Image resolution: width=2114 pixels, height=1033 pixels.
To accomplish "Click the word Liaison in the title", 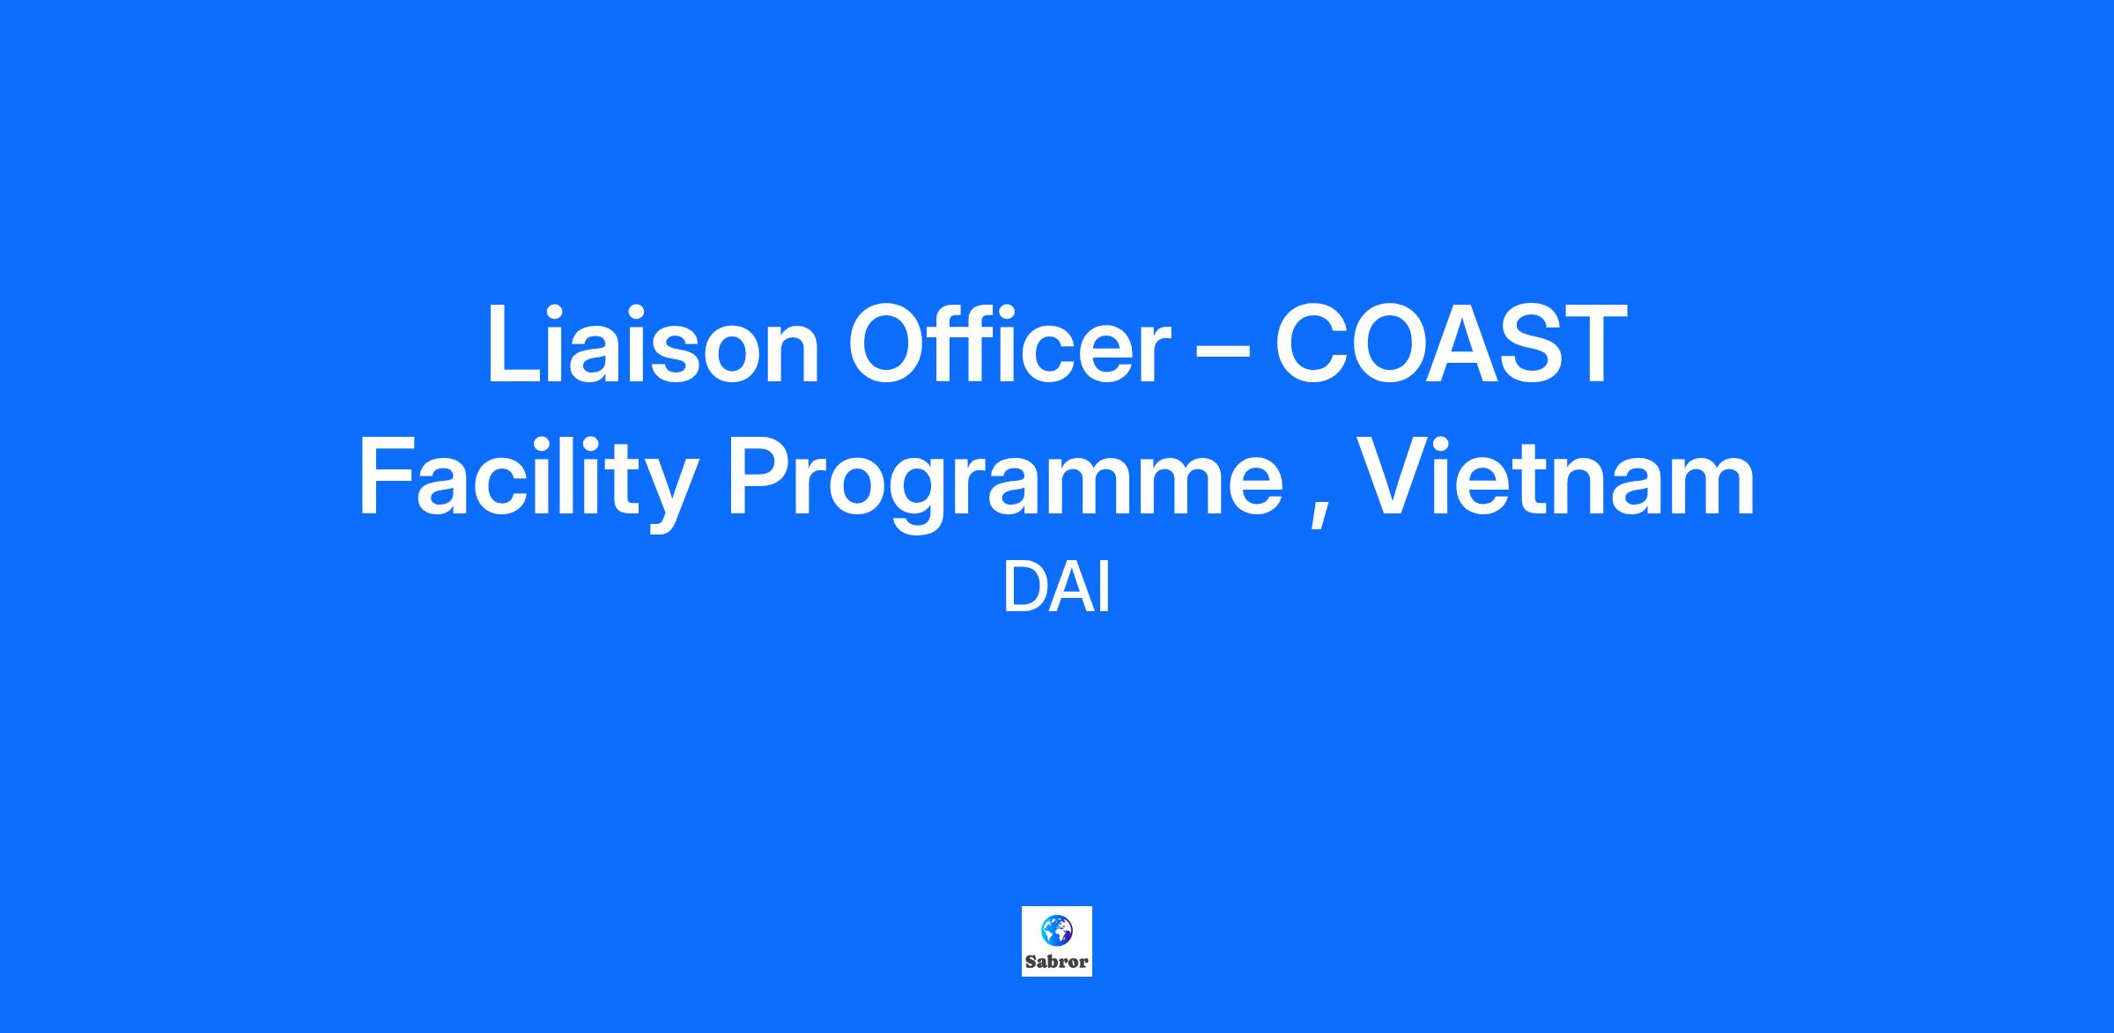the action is [653, 343].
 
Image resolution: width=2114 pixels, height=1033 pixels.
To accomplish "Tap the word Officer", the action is [1010, 343].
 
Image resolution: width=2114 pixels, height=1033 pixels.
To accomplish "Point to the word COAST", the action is [1450, 343].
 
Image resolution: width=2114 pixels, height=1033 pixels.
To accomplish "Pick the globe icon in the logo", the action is [1056, 928].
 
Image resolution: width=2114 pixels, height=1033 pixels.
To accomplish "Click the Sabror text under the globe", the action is [1056, 961].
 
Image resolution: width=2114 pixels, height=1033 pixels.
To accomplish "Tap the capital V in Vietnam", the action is [1393, 476].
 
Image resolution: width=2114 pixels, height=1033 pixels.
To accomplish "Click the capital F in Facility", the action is [387, 476].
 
